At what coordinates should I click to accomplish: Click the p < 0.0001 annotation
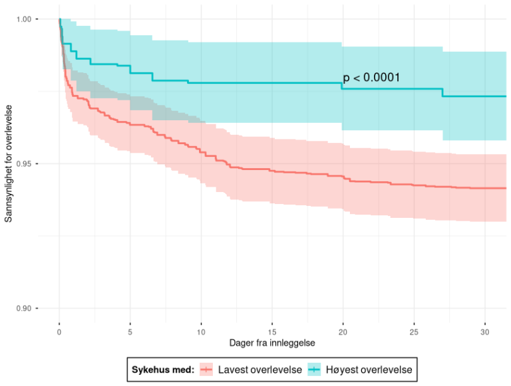(371, 78)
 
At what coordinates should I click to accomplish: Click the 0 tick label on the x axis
(60, 330)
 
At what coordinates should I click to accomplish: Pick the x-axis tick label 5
(130, 330)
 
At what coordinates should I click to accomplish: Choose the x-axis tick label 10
(201, 330)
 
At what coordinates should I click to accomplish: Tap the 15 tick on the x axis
(271, 330)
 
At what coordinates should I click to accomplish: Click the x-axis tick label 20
(343, 330)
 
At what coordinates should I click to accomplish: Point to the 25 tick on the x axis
(413, 330)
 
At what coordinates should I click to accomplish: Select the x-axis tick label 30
(484, 330)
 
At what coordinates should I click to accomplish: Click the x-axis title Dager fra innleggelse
(271, 343)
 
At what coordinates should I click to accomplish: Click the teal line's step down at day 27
(442, 92)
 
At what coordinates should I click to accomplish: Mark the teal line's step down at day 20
(342, 86)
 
